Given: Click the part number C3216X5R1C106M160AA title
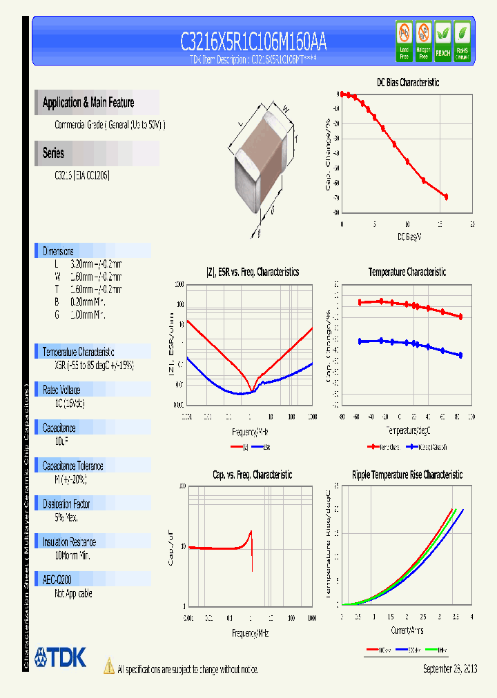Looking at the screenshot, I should [253, 43].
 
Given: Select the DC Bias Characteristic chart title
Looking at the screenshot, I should [407, 82].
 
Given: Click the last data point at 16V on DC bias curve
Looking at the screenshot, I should [446, 197].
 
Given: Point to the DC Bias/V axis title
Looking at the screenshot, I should [409, 237].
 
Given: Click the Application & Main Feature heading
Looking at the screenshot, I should [88, 103].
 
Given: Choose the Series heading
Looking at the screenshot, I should [53, 154].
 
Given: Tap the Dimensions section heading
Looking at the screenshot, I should [58, 251].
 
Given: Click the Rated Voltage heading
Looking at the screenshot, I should [61, 390].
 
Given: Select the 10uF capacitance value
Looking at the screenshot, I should [61, 439].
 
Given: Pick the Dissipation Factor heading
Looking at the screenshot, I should [66, 504].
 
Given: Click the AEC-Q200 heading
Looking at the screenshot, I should [57, 581].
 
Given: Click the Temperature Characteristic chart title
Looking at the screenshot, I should [407, 272].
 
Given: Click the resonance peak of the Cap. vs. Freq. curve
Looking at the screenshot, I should [251, 530].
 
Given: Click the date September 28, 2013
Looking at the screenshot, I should [449, 668].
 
